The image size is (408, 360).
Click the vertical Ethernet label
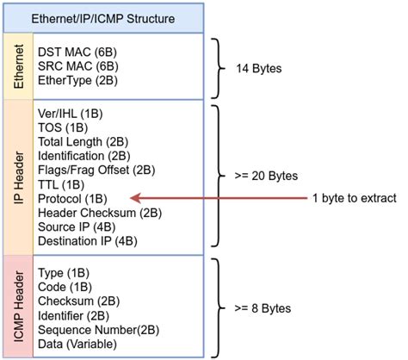pyautogui.click(x=17, y=66)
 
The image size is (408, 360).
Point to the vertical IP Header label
pyautogui.click(x=17, y=177)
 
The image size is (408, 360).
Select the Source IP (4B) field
pyautogui.click(x=78, y=226)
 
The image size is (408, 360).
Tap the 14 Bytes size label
pyautogui.click(x=261, y=66)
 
